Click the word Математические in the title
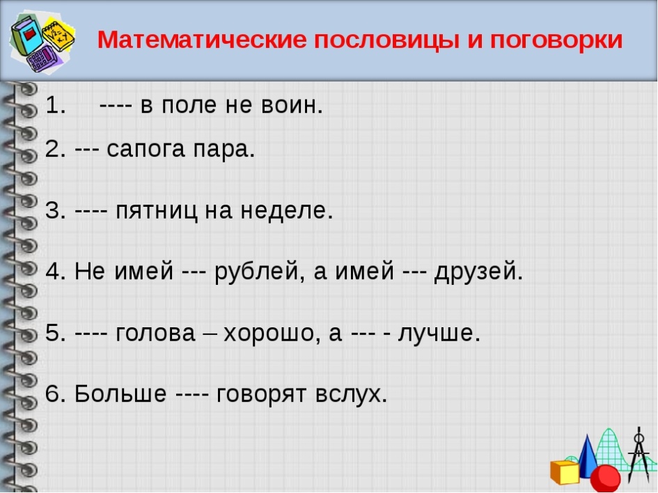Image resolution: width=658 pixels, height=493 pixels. pyautogui.click(x=202, y=40)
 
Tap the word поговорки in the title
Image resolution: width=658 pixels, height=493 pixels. pyautogui.click(x=556, y=40)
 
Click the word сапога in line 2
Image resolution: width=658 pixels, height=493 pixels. pyautogui.click(x=146, y=149)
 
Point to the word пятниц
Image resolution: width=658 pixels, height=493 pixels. pyautogui.click(x=156, y=210)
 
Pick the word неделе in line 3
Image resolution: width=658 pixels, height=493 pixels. pyautogui.click(x=287, y=210)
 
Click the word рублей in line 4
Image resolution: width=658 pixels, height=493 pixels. pyautogui.click(x=259, y=272)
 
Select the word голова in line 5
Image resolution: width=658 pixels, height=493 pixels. pyautogui.click(x=156, y=333)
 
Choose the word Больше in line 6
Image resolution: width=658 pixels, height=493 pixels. pyautogui.click(x=120, y=393)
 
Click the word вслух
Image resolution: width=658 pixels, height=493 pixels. pyautogui.click(x=351, y=394)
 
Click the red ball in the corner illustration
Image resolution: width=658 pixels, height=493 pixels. pyautogui.click(x=605, y=478)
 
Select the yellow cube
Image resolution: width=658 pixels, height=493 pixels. pyautogui.click(x=565, y=471)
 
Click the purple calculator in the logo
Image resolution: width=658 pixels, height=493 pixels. pyautogui.click(x=42, y=59)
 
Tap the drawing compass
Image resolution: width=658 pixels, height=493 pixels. pyautogui.click(x=639, y=455)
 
